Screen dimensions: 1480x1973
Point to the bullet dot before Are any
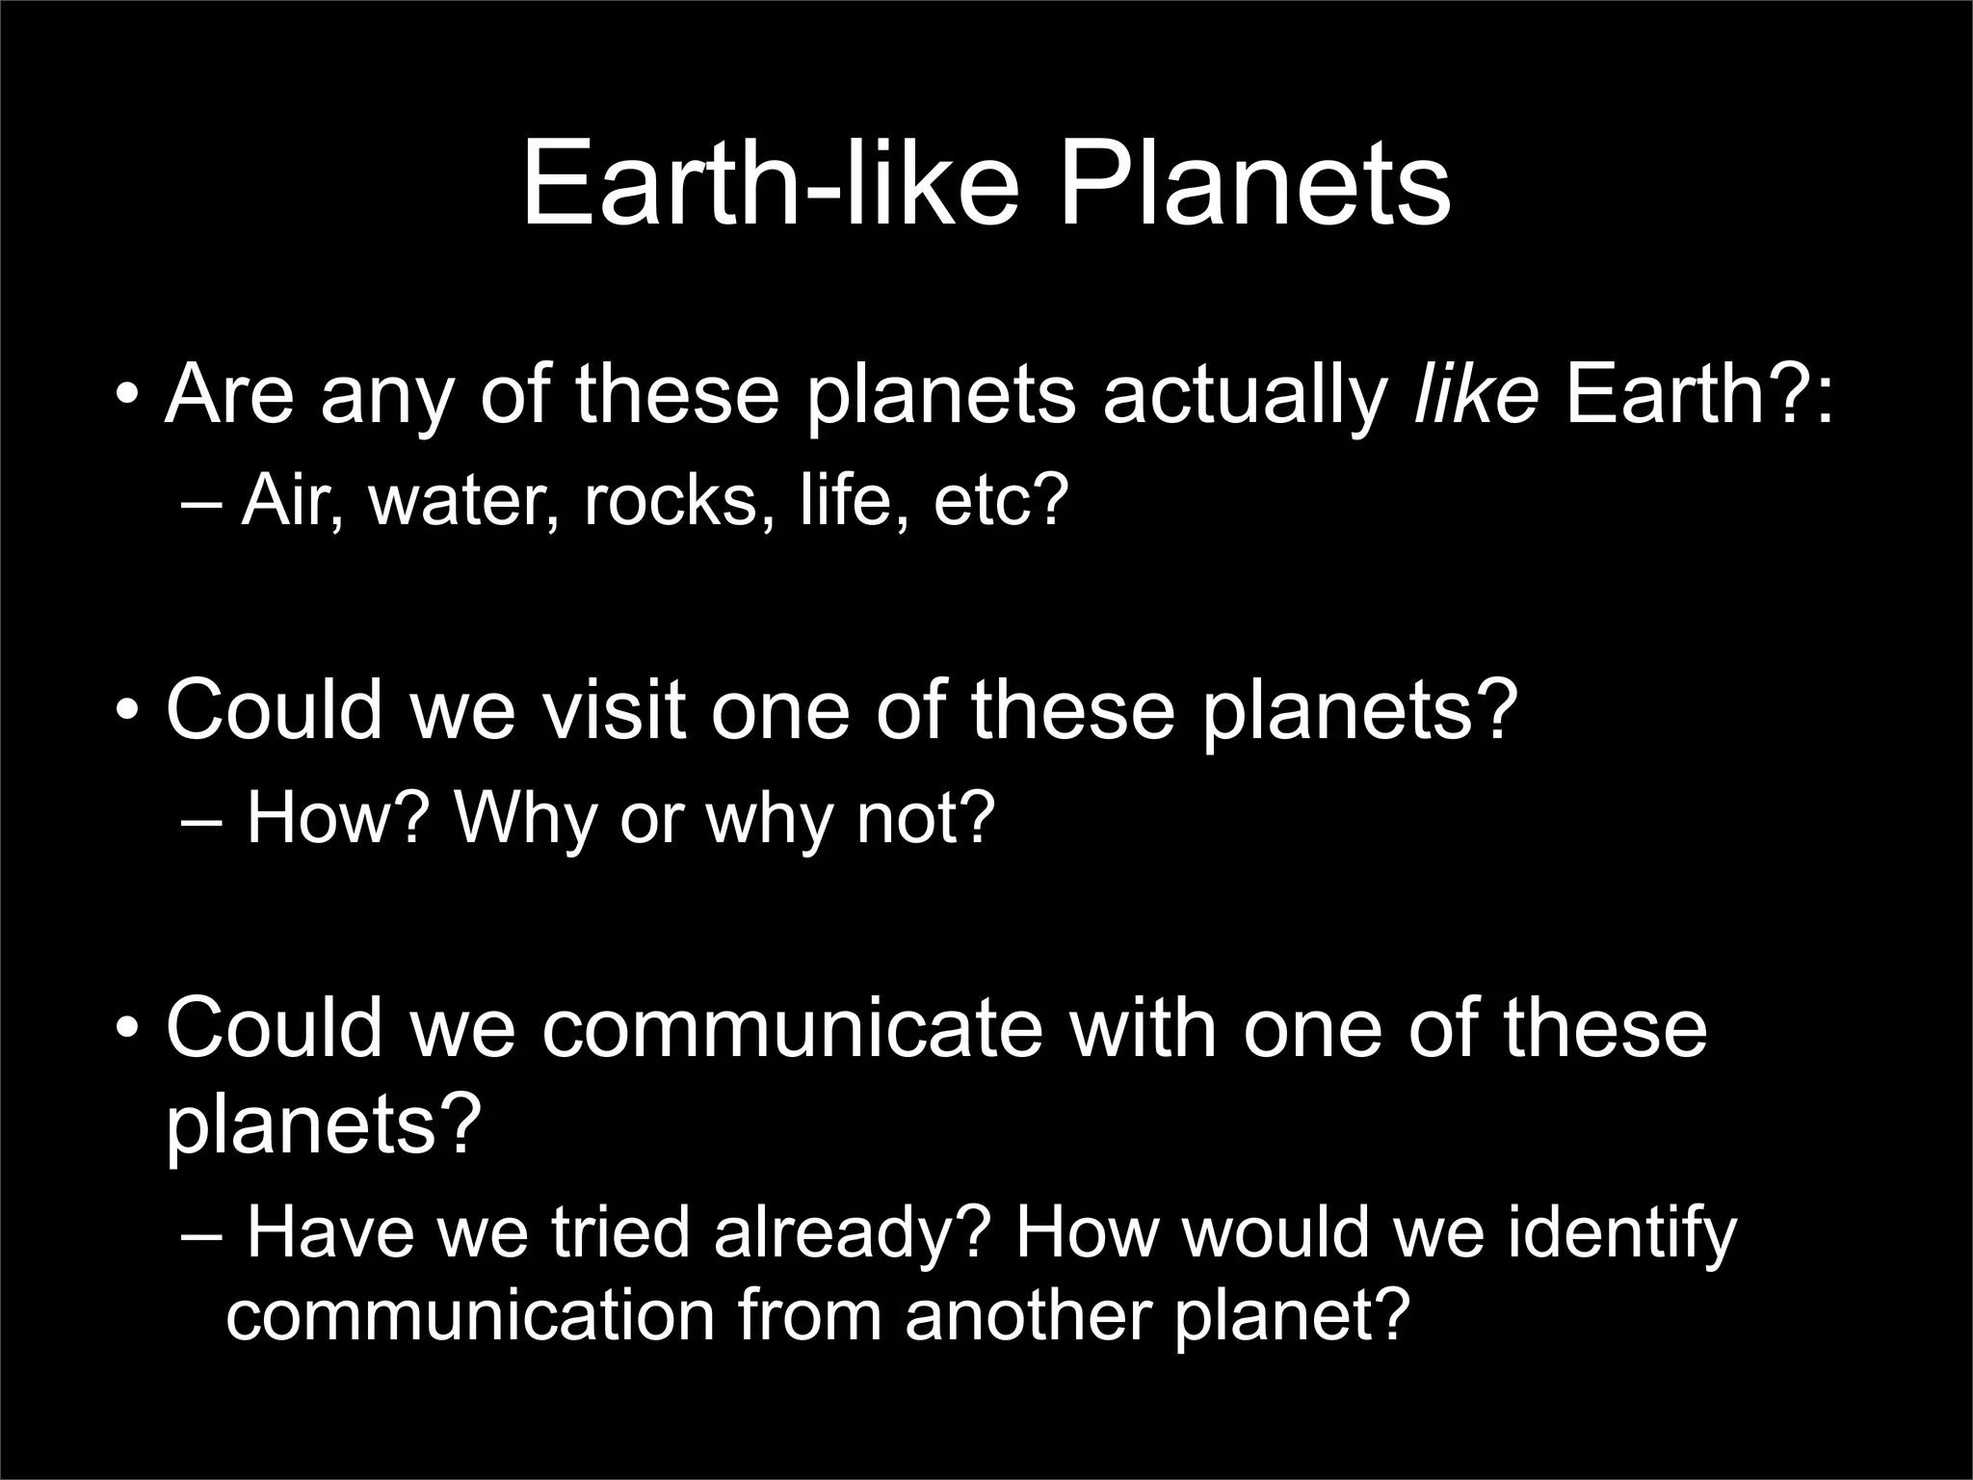click(x=125, y=395)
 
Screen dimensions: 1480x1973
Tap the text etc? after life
click(x=1002, y=501)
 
